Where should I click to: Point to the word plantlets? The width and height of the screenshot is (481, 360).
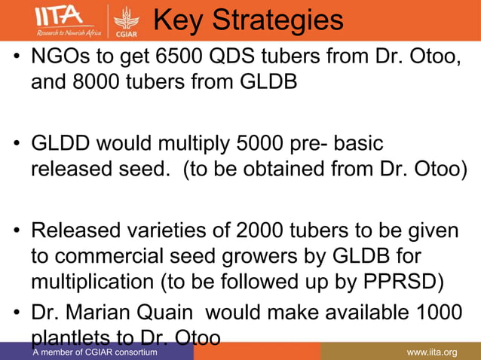72,334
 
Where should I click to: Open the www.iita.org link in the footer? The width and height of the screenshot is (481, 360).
432,352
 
